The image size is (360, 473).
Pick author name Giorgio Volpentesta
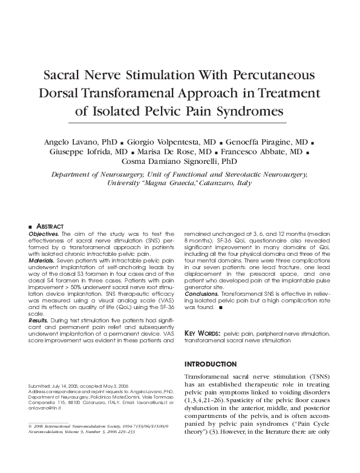pyautogui.click(x=160, y=141)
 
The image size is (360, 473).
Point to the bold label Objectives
pyautogui.click(x=43, y=233)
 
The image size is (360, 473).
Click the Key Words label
pyautogui.click(x=201, y=333)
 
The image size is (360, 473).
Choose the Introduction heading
pyautogui.click(x=210, y=364)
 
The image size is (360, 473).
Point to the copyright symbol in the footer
pyautogui.click(x=30, y=427)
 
